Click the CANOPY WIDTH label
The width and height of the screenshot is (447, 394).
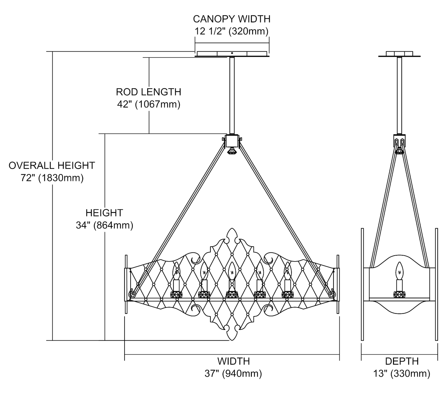(x=232, y=19)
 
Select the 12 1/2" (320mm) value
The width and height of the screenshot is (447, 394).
(x=232, y=31)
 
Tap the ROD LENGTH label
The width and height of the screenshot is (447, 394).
(x=148, y=92)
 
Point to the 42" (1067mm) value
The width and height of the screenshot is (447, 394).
(x=148, y=104)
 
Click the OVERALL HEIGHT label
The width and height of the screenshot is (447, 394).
(x=52, y=165)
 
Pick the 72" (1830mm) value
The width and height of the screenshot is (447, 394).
(x=52, y=178)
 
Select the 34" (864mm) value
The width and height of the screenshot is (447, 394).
(x=104, y=225)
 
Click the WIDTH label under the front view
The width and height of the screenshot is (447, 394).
(x=233, y=361)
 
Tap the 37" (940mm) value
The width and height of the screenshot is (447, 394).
(x=233, y=373)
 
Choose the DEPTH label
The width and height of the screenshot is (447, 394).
(x=402, y=361)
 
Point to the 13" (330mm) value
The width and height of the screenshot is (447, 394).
(x=402, y=373)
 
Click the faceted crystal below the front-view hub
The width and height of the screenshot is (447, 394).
(x=231, y=151)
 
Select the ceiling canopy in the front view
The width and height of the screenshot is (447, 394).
(x=232, y=54)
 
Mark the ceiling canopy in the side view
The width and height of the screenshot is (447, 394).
(x=399, y=54)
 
